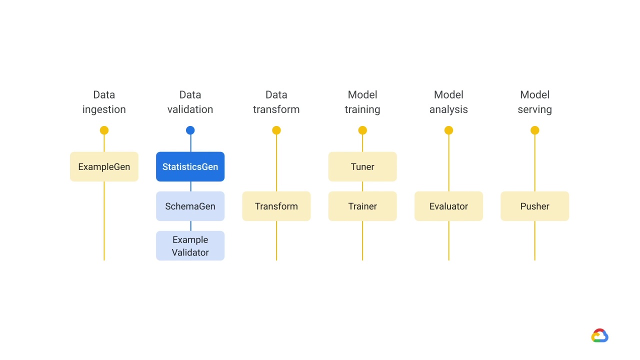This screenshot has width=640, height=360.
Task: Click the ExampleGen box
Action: [104, 166]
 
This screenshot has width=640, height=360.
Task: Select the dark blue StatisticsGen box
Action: [190, 166]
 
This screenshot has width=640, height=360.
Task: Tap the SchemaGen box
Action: [190, 206]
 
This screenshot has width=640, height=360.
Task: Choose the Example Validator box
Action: [190, 245]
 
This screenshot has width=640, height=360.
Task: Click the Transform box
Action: [276, 206]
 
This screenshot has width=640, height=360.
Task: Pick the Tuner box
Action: [362, 166]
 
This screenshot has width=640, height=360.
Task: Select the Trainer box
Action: [362, 206]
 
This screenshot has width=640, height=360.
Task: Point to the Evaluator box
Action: [448, 206]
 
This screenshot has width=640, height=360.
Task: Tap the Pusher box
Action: [534, 206]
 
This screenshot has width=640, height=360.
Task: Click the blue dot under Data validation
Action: [190, 130]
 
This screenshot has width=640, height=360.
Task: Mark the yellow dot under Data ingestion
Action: [104, 130]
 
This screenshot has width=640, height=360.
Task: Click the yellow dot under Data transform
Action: [276, 130]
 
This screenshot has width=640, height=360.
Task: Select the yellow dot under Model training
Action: [362, 130]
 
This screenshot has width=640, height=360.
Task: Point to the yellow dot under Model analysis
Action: [448, 130]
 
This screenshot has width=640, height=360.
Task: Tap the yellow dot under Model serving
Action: [534, 130]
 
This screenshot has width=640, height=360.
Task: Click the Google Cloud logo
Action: [599, 335]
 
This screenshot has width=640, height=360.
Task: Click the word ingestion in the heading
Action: [104, 109]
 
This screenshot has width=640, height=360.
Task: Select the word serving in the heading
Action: [534, 109]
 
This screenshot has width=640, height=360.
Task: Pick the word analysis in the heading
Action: [448, 109]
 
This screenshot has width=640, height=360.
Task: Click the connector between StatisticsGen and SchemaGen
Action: [190, 186]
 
